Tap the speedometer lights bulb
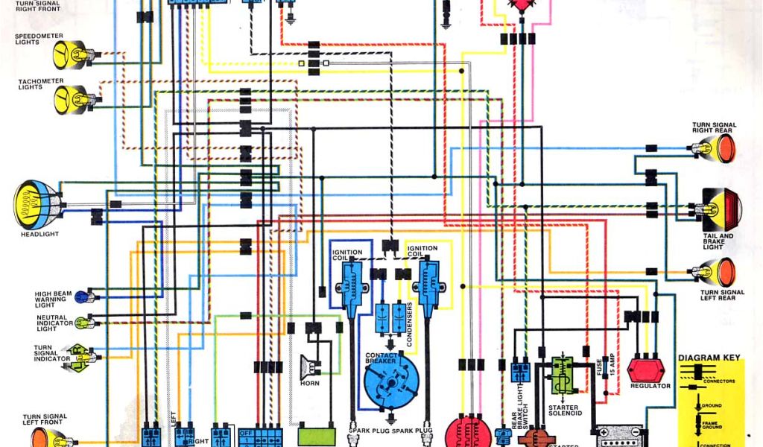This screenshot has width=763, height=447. pos(69,54)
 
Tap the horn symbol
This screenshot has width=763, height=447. pos(308,367)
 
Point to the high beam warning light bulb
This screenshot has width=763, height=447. pos(80,297)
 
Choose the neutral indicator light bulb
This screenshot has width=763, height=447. pos(80,323)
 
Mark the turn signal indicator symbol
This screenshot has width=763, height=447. pos(80,354)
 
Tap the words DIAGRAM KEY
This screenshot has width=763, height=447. pos(709,358)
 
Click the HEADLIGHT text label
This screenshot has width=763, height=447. pos(39,235)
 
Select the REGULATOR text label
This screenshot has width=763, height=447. pos(650,387)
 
